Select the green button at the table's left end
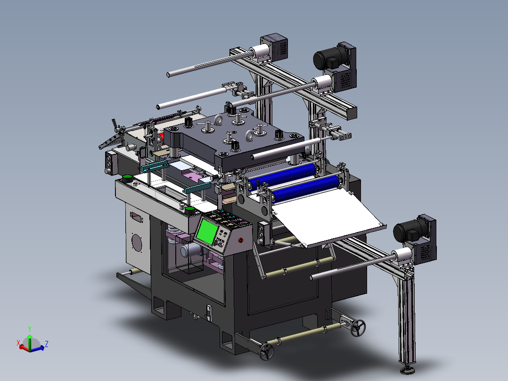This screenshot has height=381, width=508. click(127, 178)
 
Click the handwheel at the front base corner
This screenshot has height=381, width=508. click(266, 352)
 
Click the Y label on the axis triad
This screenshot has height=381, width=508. click(29, 328)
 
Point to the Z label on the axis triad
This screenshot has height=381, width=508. click(46, 344)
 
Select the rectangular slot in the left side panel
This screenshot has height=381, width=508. click(136, 218)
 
